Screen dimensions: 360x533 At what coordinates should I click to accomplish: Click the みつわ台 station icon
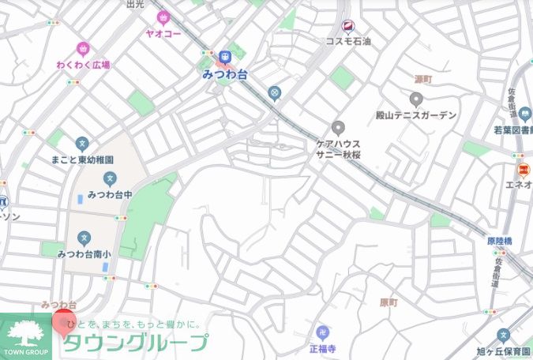coord(225,56)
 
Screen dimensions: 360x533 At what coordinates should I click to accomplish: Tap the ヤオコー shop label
coord(163,34)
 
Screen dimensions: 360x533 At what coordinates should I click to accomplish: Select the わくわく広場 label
coord(83,65)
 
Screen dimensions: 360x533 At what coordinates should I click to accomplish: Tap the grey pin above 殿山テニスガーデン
coord(417,99)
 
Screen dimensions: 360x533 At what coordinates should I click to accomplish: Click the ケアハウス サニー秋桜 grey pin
coord(338,128)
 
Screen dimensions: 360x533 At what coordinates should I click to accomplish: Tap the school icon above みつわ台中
coord(110,178)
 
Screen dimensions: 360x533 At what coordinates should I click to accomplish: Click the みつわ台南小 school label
coord(84,253)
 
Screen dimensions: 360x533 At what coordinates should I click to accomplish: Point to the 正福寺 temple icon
coord(322,332)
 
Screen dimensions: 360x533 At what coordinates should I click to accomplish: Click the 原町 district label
coord(388,302)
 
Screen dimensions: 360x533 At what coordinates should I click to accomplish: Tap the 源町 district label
coord(424,80)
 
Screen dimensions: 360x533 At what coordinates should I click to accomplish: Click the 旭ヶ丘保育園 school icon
coord(504,335)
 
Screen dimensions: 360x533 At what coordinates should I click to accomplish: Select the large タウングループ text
coord(136,343)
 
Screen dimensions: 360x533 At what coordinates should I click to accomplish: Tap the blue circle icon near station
coord(274,93)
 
